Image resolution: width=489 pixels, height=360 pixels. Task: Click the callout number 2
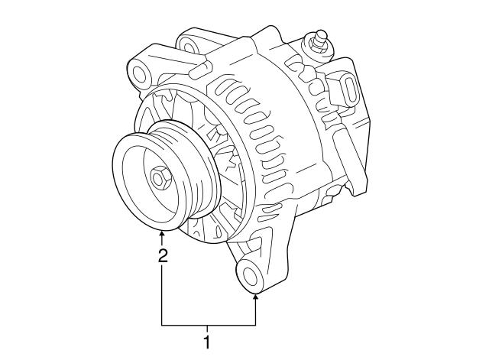pyautogui.click(x=162, y=256)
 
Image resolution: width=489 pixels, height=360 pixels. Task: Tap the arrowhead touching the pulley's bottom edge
pyautogui.click(x=162, y=235)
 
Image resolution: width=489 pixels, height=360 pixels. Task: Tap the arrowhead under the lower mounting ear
pyautogui.click(x=255, y=297)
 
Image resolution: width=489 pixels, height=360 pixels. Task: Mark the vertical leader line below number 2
pyautogui.click(x=162, y=294)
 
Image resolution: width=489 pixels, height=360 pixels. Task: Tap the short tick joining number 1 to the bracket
pyautogui.click(x=206, y=329)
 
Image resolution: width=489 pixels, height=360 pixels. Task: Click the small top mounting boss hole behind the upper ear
pyautogui.click(x=187, y=39)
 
